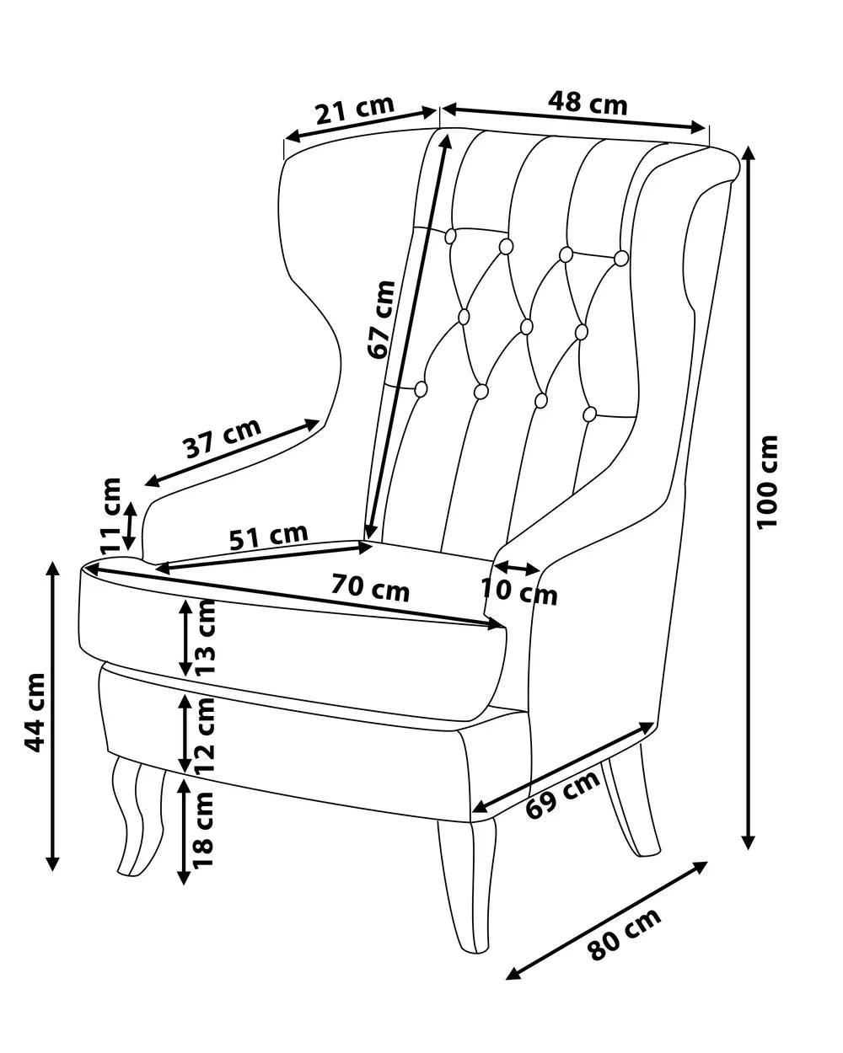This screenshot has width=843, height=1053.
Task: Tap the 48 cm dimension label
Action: (x=588, y=103)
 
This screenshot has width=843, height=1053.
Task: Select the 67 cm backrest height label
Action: (x=382, y=319)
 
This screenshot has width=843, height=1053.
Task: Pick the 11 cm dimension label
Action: (x=110, y=515)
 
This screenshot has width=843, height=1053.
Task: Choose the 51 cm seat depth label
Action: (x=269, y=536)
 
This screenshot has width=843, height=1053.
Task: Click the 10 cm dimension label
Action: (x=519, y=591)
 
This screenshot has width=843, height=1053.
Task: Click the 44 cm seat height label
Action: (x=34, y=712)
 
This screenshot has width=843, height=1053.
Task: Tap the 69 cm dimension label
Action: (x=562, y=796)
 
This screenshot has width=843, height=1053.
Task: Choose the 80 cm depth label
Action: (x=624, y=935)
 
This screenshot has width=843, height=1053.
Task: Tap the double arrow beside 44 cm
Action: (x=52, y=716)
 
